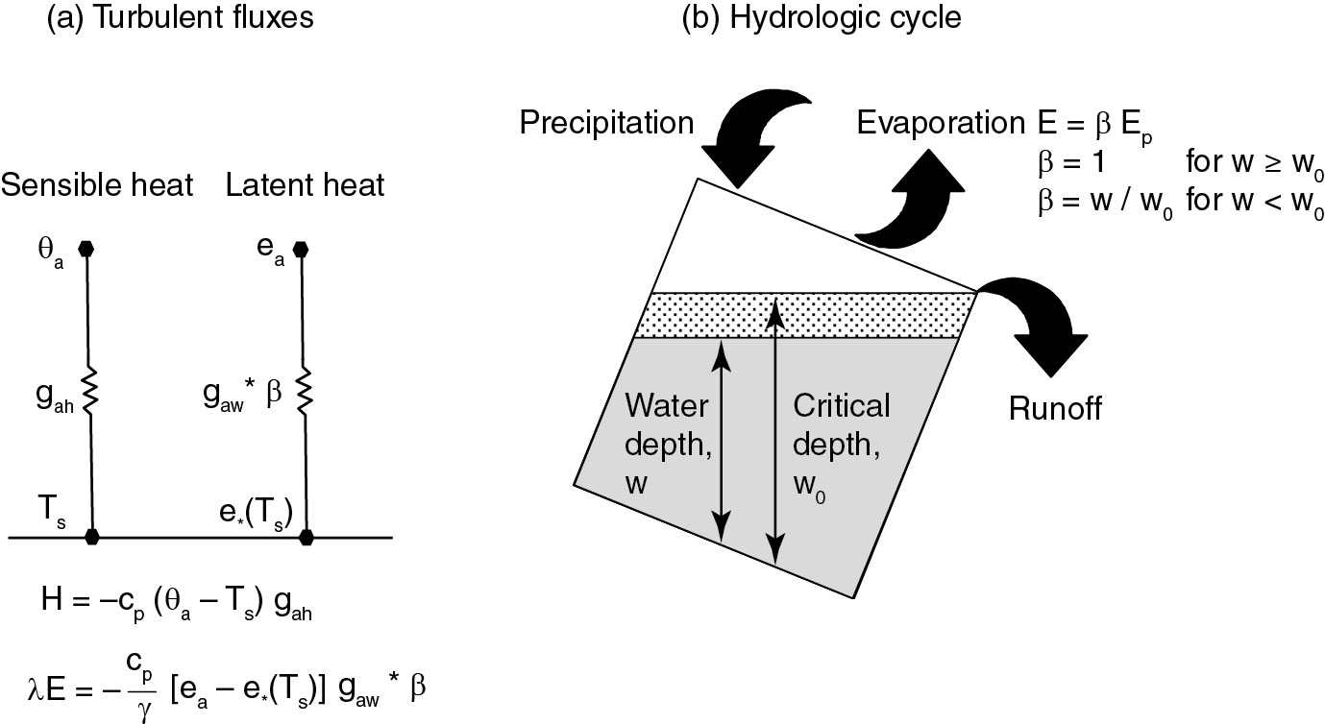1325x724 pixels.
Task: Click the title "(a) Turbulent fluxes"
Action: click(180, 17)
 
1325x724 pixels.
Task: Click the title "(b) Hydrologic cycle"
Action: click(822, 17)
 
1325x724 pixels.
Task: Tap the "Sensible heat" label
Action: click(97, 185)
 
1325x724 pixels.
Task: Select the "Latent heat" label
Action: click(306, 185)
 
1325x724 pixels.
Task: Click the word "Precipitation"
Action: click(606, 123)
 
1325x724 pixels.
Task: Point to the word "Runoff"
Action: click(1055, 408)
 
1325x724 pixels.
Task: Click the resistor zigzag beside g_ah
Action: click(90, 390)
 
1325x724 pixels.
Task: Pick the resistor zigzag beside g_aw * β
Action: click(305, 390)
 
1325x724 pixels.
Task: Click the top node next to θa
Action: click(86, 249)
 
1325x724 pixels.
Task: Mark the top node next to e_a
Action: click(301, 249)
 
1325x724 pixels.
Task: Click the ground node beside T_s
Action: click(92, 537)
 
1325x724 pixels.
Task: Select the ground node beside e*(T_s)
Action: click(307, 537)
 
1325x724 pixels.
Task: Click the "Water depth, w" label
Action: click(668, 445)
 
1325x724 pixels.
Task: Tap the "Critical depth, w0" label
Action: click(841, 447)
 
